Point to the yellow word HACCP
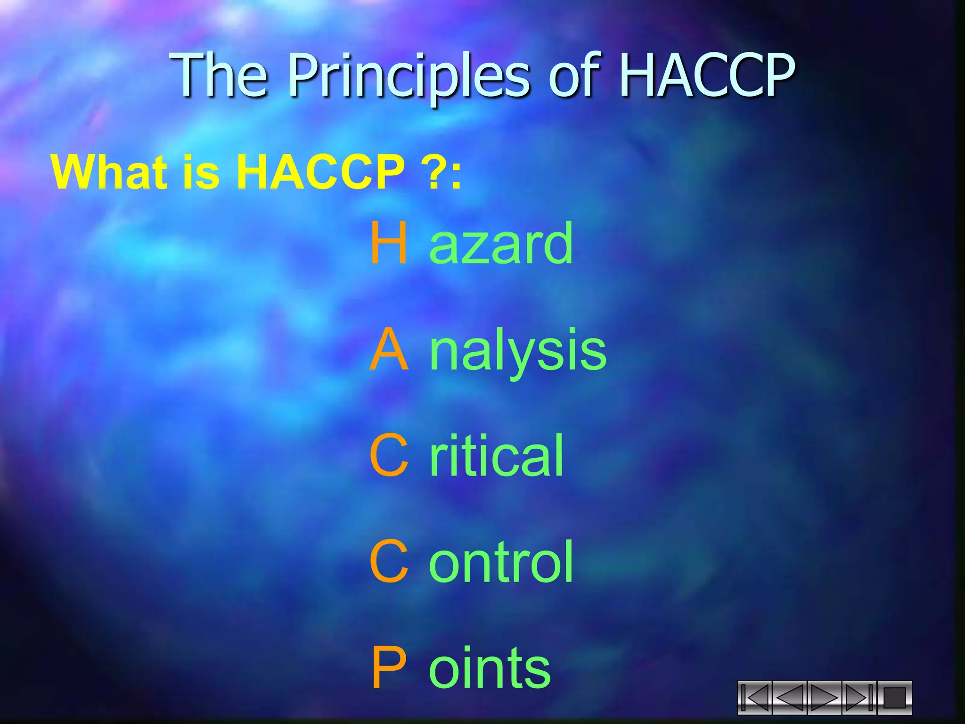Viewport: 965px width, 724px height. tap(320, 172)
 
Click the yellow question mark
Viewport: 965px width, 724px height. tap(437, 172)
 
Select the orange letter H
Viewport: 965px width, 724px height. tap(389, 243)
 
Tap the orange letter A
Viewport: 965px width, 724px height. tap(389, 350)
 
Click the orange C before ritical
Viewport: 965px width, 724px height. tap(389, 455)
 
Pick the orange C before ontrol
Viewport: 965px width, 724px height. tap(389, 561)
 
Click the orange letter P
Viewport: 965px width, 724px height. tap(389, 668)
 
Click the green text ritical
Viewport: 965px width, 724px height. tap(497, 455)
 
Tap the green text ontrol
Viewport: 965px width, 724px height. tap(501, 561)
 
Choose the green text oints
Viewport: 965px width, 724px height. tap(490, 668)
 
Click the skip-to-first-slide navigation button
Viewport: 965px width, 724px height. tap(755, 698)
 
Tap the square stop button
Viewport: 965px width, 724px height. tap(894, 698)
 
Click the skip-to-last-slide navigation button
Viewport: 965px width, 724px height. tap(859, 698)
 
